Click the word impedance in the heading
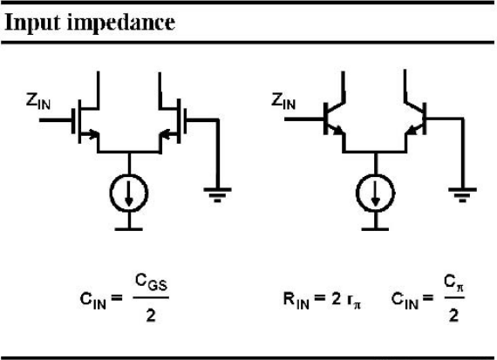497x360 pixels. (x=121, y=23)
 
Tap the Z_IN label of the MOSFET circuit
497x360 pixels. (x=38, y=101)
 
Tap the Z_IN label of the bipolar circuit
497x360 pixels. (x=283, y=101)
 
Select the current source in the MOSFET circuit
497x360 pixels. (x=129, y=193)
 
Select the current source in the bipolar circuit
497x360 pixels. (x=375, y=193)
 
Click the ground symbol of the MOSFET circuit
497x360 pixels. (x=217, y=194)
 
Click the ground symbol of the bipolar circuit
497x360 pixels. (x=462, y=194)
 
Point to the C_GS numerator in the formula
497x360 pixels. (x=151, y=282)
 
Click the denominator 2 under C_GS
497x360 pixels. (x=151, y=316)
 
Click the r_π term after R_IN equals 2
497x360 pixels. (x=354, y=300)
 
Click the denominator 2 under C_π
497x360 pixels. (x=454, y=316)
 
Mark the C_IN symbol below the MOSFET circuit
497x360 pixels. (x=93, y=300)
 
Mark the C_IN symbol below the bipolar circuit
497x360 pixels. (x=405, y=300)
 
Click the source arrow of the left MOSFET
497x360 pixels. (x=92, y=133)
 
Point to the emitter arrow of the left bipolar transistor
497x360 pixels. (x=337, y=129)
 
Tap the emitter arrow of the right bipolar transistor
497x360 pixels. (x=412, y=129)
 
